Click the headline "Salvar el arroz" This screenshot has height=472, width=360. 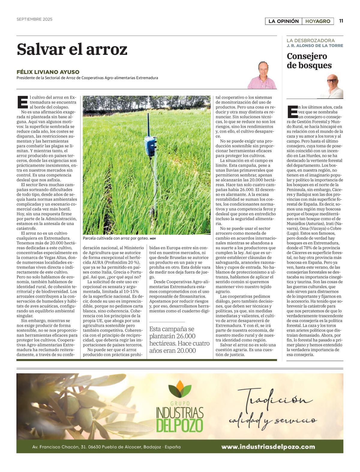[72, 49]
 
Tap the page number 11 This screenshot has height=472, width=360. [341, 21]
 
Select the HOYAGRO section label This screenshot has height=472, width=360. [318, 21]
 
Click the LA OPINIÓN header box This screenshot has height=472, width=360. [283, 21]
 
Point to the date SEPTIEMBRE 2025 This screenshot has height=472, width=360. [34, 19]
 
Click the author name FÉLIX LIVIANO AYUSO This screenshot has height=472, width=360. [48, 72]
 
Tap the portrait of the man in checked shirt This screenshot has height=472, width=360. [262, 76]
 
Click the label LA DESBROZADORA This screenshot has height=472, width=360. [310, 40]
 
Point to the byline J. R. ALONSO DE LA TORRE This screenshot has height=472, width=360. [315, 46]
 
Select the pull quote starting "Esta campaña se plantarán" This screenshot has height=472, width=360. [179, 340]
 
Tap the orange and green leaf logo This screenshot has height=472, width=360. [180, 389]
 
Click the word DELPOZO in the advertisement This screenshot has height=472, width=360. [179, 425]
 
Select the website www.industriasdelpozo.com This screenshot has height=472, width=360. [268, 447]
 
